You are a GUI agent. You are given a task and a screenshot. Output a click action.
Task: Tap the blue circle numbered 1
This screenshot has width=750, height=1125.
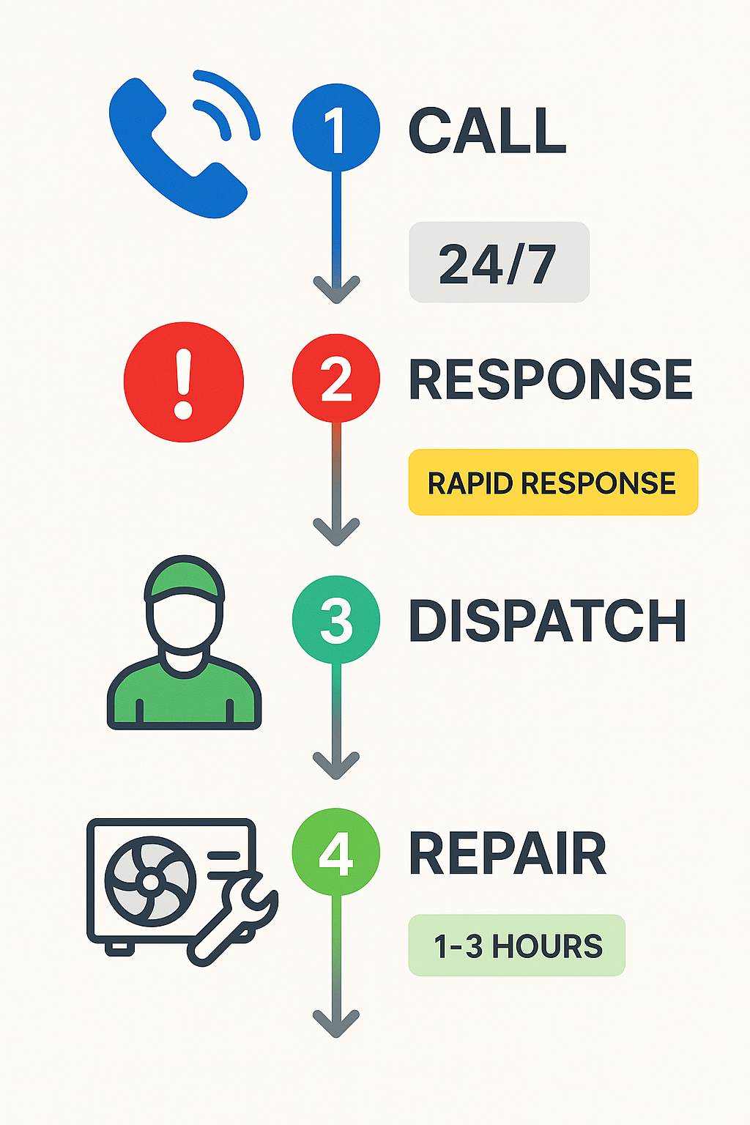pos(336,127)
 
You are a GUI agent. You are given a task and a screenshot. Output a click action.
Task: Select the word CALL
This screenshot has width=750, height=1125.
pos(487,130)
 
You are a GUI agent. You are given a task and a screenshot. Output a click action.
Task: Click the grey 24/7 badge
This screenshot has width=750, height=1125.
pos(499,262)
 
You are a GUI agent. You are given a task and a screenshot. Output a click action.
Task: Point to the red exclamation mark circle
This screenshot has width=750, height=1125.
pos(184,382)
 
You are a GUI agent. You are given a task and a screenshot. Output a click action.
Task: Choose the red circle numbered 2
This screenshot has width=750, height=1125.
pos(336,378)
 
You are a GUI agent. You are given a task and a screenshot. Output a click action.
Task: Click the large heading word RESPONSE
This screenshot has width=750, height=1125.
pos(550,379)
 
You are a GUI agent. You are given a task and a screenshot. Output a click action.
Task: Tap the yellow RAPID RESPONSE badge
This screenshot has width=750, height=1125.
pos(553,483)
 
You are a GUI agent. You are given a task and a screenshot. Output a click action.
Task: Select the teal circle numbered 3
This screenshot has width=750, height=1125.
pos(336,620)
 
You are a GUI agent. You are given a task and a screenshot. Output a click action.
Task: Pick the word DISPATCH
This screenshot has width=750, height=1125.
pos(547,621)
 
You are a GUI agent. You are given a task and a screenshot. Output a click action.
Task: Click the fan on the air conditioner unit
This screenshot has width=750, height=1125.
pos(151,882)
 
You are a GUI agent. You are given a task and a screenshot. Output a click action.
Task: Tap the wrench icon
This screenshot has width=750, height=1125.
pos(234,919)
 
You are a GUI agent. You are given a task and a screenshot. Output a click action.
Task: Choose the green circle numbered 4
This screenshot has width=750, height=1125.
pos(336,852)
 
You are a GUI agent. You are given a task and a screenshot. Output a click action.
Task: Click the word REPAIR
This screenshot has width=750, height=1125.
pos(507,854)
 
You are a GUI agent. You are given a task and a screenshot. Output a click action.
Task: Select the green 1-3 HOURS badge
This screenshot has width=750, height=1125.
pos(516,946)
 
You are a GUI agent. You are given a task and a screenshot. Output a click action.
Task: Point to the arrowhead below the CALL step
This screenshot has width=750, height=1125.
pos(336,289)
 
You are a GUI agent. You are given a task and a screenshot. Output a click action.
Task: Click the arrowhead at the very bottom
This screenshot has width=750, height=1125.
pos(336,1022)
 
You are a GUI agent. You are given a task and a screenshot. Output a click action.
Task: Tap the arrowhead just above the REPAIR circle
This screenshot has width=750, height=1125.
pos(336,765)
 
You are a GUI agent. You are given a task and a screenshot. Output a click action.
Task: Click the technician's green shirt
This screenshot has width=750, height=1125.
pos(184,699)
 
